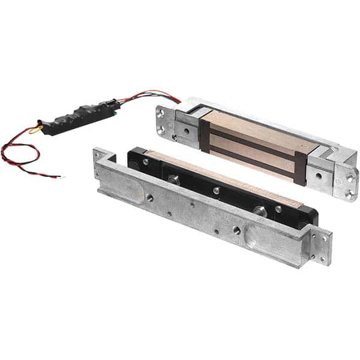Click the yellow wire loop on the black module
click(x=35, y=128)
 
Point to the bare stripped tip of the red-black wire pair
click(x=58, y=176)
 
